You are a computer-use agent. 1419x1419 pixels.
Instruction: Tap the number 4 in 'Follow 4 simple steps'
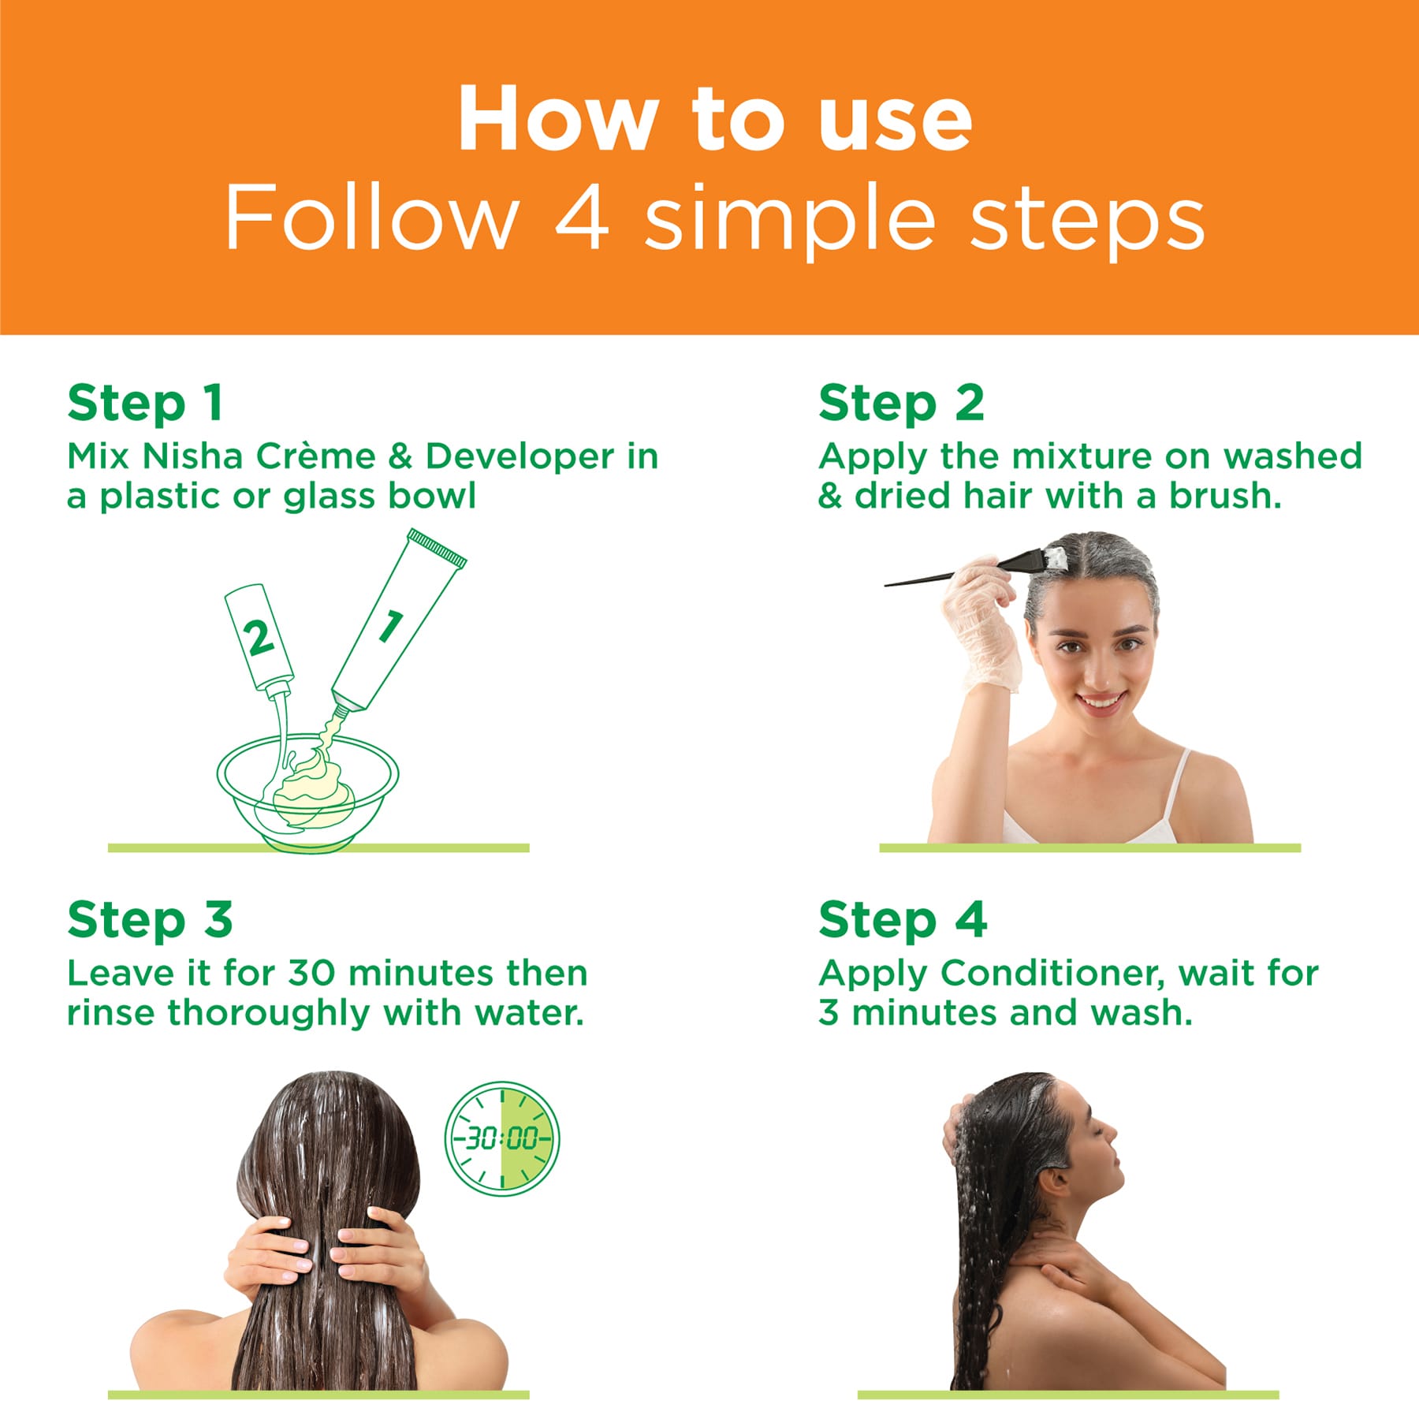coord(582,217)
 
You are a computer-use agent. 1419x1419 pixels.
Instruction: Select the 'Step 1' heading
coord(145,403)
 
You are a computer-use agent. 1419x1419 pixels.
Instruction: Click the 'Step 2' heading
coord(901,403)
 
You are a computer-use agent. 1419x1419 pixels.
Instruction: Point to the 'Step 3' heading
coord(150,919)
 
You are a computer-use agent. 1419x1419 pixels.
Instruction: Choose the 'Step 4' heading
coord(903,919)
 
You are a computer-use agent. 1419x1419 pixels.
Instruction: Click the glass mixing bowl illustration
coord(307,788)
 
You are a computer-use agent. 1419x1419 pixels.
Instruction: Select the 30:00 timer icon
coord(502,1138)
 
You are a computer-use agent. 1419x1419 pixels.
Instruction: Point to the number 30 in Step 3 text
coord(312,973)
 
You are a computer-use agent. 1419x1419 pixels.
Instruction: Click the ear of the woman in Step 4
coord(1055,1181)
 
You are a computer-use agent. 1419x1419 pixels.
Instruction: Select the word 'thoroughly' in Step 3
coord(268,1013)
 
